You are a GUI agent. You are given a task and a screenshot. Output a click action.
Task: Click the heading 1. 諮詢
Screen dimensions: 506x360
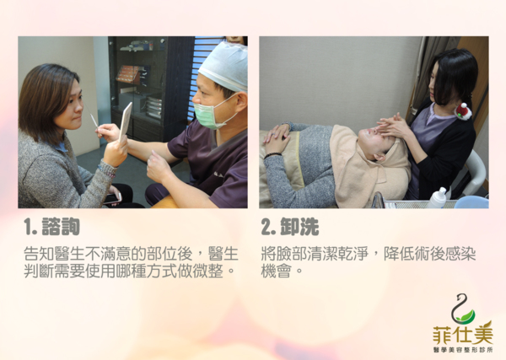coord(51,227)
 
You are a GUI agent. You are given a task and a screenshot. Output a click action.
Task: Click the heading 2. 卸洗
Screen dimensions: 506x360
coord(290,227)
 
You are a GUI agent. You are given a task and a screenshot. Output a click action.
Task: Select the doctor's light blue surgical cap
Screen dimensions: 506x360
coord(223,66)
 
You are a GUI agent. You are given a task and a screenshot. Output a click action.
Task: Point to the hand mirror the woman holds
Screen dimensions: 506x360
coord(126,122)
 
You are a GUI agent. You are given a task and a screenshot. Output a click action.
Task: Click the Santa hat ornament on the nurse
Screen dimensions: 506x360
coord(463,111)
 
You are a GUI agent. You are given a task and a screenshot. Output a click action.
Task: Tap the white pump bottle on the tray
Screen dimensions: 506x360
coord(438,198)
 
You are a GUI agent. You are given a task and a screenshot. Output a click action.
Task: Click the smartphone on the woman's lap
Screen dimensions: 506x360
coord(112,198)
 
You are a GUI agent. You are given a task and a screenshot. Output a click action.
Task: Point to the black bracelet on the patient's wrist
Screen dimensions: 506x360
coord(272,155)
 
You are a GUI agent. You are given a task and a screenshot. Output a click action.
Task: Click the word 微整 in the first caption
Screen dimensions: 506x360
coord(207,271)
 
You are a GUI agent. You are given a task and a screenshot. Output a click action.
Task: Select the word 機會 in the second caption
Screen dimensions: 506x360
coord(277,271)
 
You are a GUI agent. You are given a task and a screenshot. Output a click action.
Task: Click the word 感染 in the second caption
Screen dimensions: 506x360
coord(460,254)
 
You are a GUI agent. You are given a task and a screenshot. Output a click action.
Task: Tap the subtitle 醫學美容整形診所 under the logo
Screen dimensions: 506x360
coord(463,350)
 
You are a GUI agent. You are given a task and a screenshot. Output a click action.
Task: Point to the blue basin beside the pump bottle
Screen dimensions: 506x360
coord(471,202)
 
